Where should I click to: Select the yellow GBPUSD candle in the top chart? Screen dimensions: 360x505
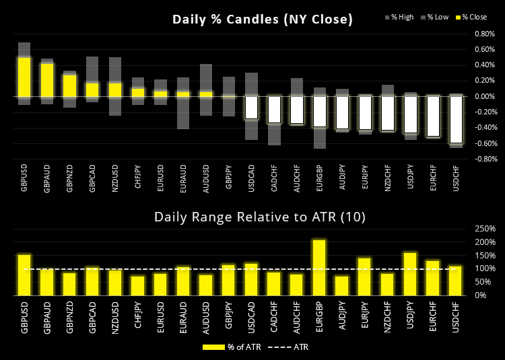pyautogui.click(x=24, y=77)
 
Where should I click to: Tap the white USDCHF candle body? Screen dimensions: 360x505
pyautogui.click(x=457, y=120)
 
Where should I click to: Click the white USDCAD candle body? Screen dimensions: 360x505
pyautogui.click(x=251, y=108)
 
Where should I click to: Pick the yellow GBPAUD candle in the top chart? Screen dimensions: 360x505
pyautogui.click(x=47, y=80)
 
